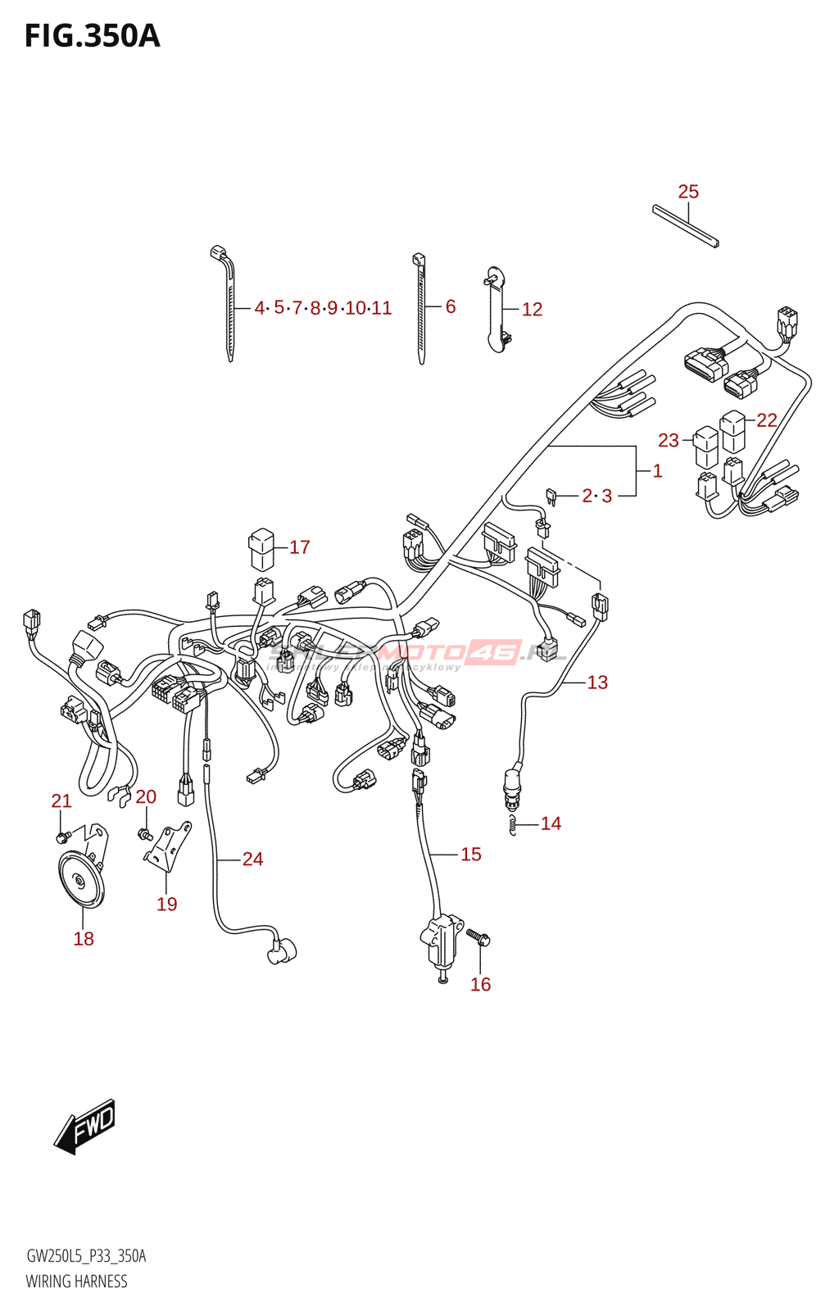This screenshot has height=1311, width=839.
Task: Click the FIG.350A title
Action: click(x=92, y=37)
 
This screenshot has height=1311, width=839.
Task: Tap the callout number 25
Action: click(x=688, y=192)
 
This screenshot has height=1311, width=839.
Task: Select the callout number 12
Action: click(x=532, y=310)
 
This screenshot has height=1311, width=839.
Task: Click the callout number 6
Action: click(x=451, y=306)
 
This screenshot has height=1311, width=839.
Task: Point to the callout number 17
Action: click(x=299, y=547)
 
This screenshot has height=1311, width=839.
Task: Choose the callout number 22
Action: click(x=766, y=420)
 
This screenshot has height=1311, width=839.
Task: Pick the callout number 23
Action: click(x=669, y=441)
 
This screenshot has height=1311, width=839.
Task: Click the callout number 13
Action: click(x=597, y=683)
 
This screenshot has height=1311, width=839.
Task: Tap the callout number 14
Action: click(x=551, y=823)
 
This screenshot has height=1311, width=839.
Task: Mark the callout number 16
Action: click(x=480, y=984)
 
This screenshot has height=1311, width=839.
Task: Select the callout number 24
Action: click(x=252, y=859)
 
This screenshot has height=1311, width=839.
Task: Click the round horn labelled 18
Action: click(x=81, y=881)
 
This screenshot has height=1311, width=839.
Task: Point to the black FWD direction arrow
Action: click(x=85, y=1127)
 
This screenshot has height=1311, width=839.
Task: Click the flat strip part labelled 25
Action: click(x=685, y=225)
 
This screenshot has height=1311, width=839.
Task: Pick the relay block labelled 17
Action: click(x=261, y=548)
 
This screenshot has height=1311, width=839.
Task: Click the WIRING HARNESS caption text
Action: click(x=76, y=1282)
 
